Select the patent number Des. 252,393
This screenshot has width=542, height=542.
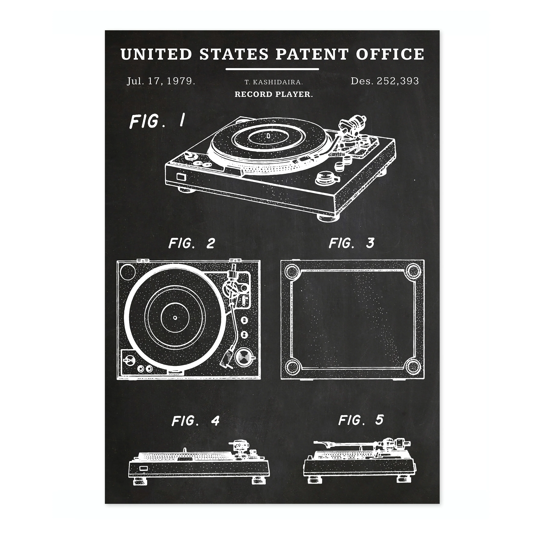385,81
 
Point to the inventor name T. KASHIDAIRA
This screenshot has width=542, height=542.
274,82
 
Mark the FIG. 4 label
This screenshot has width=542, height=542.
196,421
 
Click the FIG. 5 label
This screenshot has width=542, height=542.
361,420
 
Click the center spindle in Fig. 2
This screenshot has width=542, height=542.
175,318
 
